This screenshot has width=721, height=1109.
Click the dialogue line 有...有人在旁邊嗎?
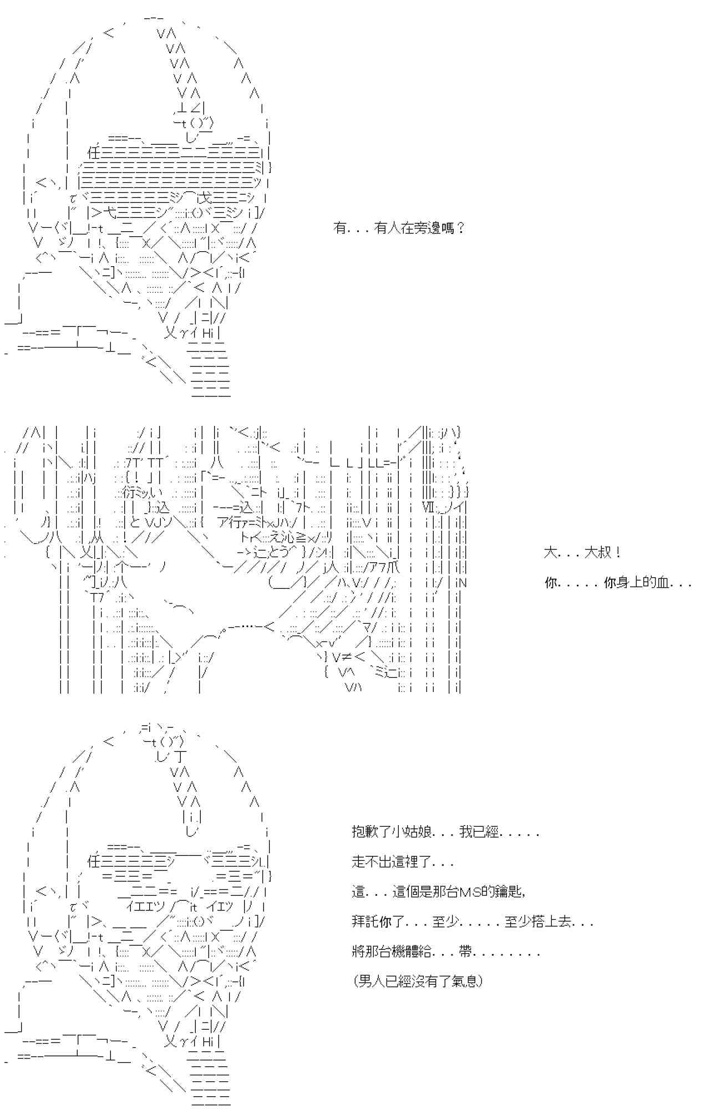click(398, 228)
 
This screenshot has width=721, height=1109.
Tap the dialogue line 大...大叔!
click(582, 552)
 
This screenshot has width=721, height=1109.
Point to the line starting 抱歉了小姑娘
click(445, 832)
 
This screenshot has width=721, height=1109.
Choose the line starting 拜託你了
click(472, 922)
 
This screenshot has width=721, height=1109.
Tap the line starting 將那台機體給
click(445, 952)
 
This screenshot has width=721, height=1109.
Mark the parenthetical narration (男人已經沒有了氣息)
click(418, 981)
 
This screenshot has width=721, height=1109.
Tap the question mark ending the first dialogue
click(460, 228)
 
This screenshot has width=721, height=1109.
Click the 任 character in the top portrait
click(94, 152)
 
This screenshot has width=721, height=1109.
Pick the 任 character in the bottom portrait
click(94, 862)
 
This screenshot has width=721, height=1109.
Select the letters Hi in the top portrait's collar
click(208, 333)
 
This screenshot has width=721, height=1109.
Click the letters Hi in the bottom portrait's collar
click(208, 1042)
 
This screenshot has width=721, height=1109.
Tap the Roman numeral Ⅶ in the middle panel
click(428, 506)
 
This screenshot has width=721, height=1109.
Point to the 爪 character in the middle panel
click(392, 567)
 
